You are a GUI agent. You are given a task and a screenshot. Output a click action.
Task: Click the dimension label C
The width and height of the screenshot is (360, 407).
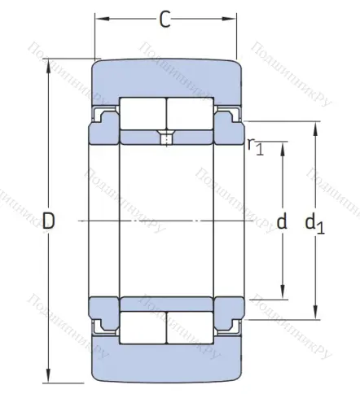point(165,20)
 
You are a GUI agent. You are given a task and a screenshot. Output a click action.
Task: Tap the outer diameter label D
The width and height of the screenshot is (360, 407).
point(49,221)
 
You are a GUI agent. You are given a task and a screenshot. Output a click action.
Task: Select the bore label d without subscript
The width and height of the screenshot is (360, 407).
point(283,221)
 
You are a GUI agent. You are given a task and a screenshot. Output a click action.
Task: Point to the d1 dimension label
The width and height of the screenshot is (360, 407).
point(314,221)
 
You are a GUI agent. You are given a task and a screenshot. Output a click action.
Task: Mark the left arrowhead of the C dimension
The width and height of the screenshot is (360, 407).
point(99,18)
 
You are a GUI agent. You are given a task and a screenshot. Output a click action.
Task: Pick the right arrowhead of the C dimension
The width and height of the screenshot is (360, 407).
point(233,18)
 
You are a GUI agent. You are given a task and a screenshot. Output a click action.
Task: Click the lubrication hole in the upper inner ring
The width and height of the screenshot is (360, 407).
point(167,138)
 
